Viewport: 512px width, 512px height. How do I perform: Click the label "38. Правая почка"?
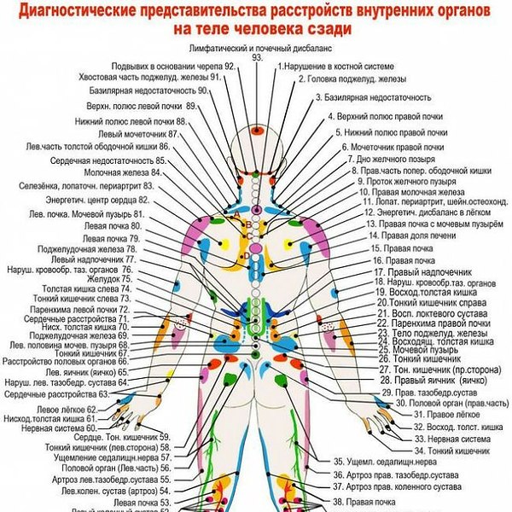pyautogui.click(x=375, y=502)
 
